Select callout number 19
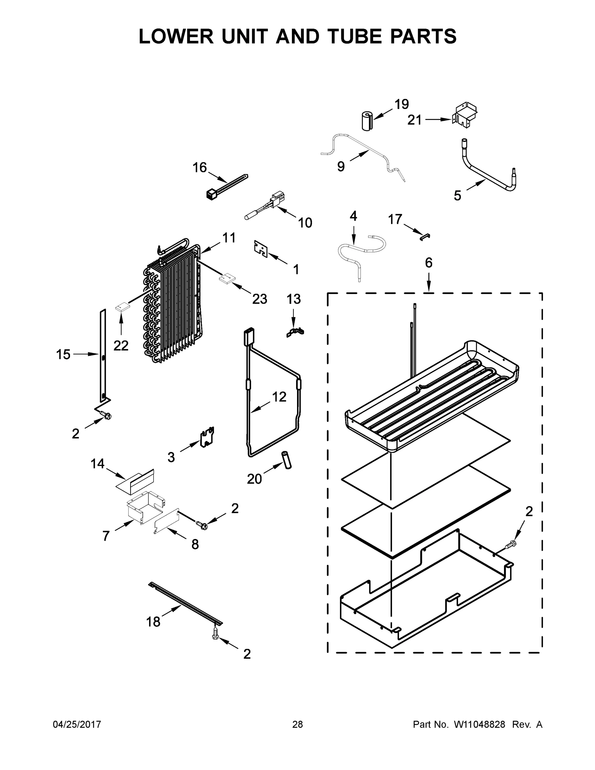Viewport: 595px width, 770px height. coord(401,104)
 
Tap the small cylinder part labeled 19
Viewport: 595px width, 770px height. coord(367,122)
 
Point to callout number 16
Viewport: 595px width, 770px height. coord(200,167)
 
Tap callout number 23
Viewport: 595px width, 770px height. coord(259,299)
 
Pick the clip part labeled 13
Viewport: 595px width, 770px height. coord(295,332)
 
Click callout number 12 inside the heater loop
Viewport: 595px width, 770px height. coord(279,397)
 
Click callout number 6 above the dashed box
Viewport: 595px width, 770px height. coord(428,263)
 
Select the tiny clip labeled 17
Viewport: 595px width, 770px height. coord(424,236)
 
